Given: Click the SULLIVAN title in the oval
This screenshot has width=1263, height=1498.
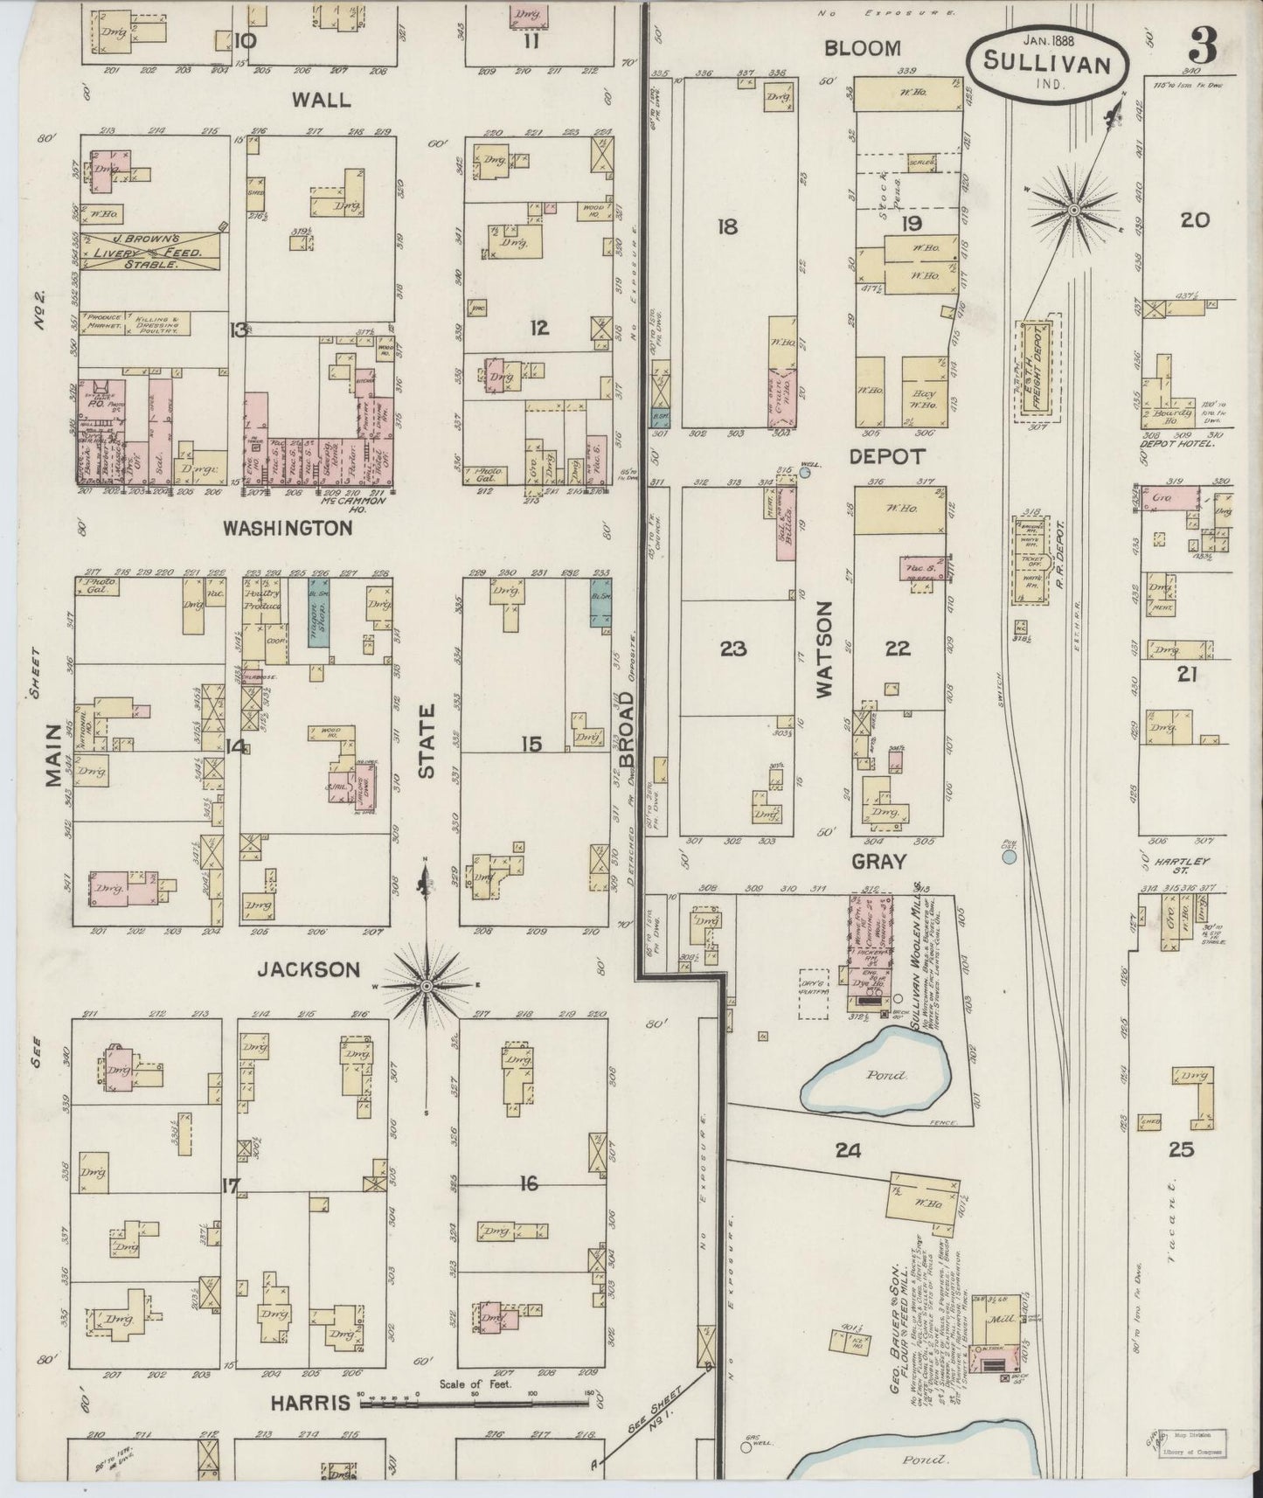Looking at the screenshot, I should (1047, 63).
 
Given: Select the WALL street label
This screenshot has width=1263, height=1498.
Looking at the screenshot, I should (321, 100).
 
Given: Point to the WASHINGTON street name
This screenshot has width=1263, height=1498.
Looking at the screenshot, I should (288, 528).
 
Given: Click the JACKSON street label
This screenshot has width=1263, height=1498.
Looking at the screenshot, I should (308, 969).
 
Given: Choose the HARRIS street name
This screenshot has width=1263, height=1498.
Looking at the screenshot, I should (309, 1403).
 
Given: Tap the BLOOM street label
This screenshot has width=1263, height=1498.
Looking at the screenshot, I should (863, 48).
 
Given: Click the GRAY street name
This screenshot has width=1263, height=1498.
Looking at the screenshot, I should (879, 861).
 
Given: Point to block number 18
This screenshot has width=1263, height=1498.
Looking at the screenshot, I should (726, 227).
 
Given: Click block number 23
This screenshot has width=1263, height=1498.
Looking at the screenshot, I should (733, 648).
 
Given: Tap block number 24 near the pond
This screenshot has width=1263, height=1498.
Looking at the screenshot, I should (847, 1150).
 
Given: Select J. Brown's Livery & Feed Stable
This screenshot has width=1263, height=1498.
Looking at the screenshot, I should (150, 250).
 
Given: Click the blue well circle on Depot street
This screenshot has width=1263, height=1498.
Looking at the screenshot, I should (805, 473).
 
